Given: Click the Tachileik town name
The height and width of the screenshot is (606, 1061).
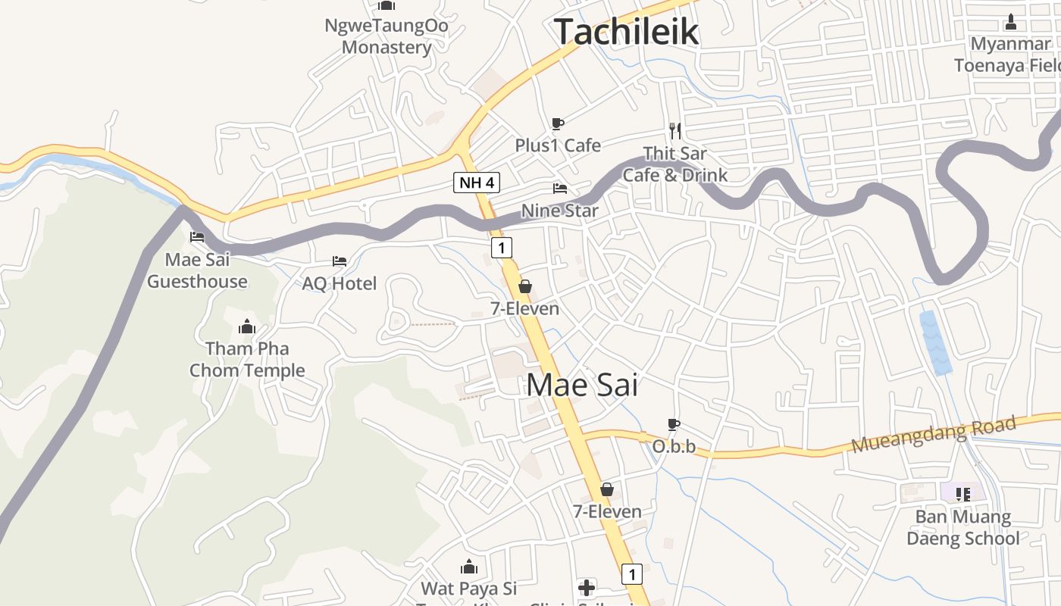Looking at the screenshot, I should (x=626, y=32).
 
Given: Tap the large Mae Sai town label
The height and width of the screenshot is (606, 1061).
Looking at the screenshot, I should (x=582, y=385).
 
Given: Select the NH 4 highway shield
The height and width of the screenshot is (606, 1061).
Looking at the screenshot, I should (x=477, y=183).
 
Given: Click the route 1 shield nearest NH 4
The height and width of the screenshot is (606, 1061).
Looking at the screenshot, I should (x=501, y=247).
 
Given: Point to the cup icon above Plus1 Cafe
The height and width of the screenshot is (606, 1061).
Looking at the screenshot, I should (x=558, y=123).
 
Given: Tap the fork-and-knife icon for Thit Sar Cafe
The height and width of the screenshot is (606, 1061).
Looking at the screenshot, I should (x=675, y=130).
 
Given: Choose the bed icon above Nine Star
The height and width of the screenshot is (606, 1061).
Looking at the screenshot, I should (x=560, y=188).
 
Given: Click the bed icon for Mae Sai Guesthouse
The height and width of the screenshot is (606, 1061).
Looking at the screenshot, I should (x=197, y=237).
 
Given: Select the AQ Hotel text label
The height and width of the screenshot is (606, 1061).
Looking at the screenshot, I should (x=340, y=284).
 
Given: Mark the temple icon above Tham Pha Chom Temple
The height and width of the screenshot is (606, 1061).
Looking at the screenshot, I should (x=247, y=327).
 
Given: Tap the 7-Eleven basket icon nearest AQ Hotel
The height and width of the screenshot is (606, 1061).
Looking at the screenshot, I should (x=524, y=286).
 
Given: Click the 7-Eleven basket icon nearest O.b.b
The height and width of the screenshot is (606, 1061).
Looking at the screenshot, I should (x=607, y=489).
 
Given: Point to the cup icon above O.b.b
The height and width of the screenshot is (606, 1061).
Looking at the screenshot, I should (x=674, y=425).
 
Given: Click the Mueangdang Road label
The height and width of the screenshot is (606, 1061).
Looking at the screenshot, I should (x=933, y=435).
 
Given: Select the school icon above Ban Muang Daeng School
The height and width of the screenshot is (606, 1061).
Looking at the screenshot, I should (x=963, y=495).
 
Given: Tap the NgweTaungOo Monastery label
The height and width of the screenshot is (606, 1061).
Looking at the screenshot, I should (x=387, y=36).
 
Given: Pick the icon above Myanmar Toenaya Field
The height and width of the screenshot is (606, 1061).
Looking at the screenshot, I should (x=1011, y=22).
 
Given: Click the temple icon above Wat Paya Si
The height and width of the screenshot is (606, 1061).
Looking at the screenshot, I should (x=469, y=567).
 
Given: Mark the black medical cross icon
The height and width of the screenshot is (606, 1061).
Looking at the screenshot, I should (x=587, y=587).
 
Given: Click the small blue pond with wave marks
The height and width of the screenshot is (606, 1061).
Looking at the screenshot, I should (x=936, y=342).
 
